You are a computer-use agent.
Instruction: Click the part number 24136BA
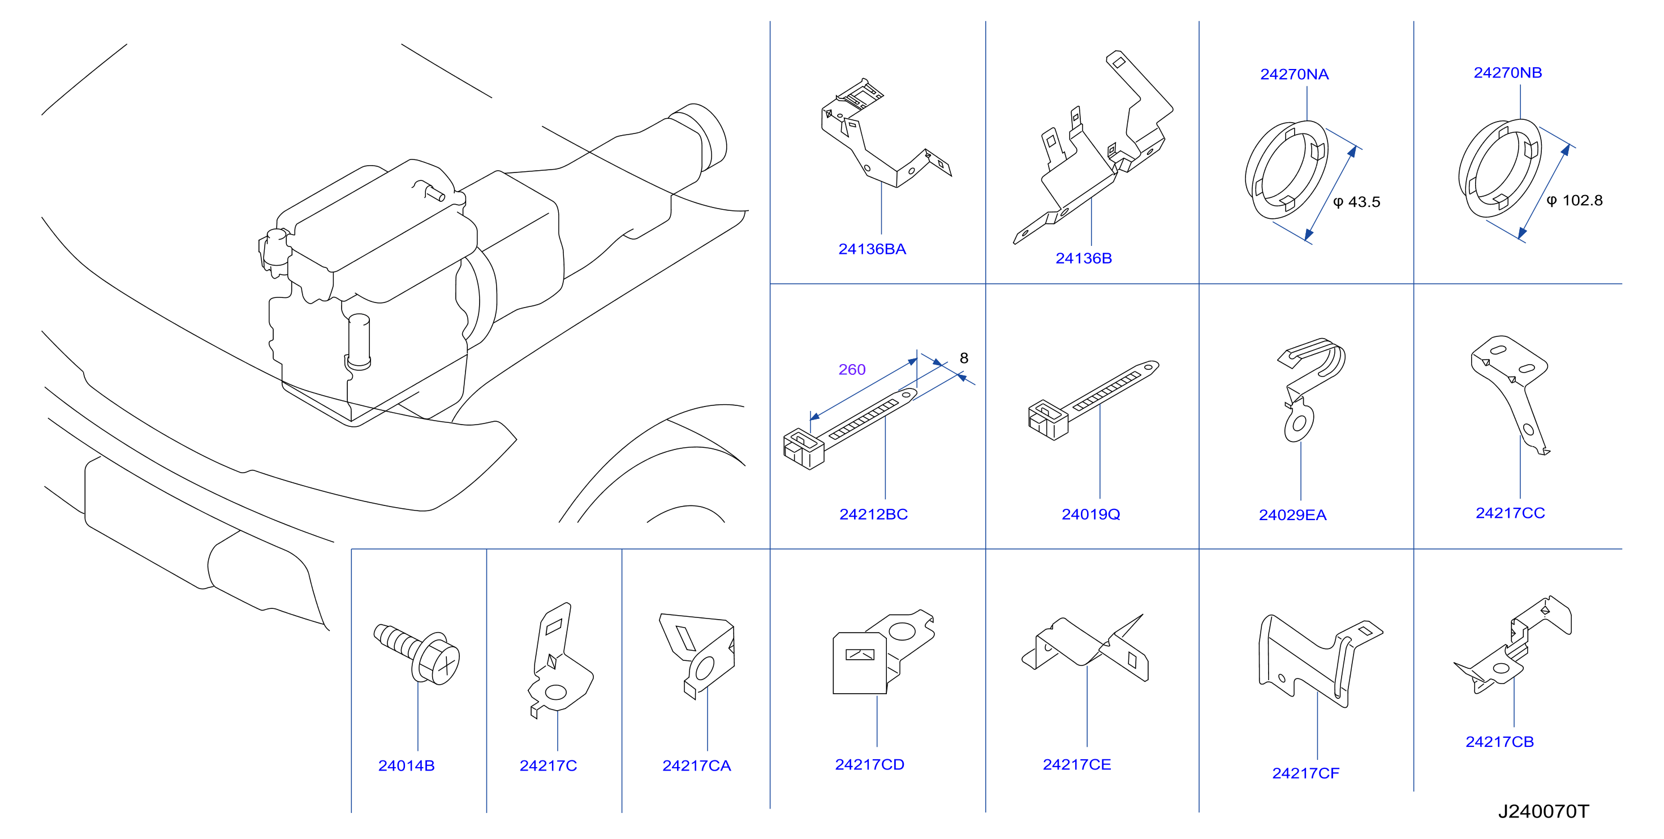[x=872, y=249]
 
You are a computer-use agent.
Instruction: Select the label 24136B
[x=1083, y=258]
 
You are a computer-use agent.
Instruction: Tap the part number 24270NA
[x=1294, y=74]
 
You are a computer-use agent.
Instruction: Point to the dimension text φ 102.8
[x=1574, y=200]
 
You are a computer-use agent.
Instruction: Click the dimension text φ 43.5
[x=1356, y=202]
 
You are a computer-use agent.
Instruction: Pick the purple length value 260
[x=851, y=369]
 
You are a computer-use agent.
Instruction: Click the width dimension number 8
[x=964, y=358]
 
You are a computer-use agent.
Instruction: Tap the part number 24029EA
[x=1292, y=515]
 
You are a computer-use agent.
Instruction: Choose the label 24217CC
[x=1510, y=513]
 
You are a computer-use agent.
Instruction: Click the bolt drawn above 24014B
[x=417, y=652]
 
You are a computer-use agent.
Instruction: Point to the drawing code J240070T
[x=1542, y=811]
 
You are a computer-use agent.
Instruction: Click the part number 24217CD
[x=869, y=765]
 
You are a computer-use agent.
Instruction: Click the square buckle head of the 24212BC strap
[x=803, y=449]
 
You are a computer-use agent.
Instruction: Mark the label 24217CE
[x=1076, y=765]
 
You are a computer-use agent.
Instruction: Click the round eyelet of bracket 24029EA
[x=1299, y=423]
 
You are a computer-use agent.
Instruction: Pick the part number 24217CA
[x=696, y=766]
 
